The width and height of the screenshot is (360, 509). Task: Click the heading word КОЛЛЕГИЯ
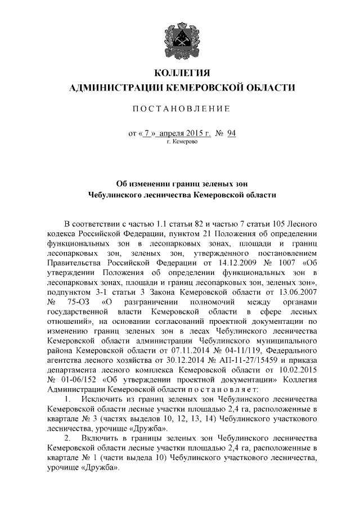(180, 73)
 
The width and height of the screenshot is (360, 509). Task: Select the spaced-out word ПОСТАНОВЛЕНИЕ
(180, 108)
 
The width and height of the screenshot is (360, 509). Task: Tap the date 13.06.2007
(296, 292)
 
